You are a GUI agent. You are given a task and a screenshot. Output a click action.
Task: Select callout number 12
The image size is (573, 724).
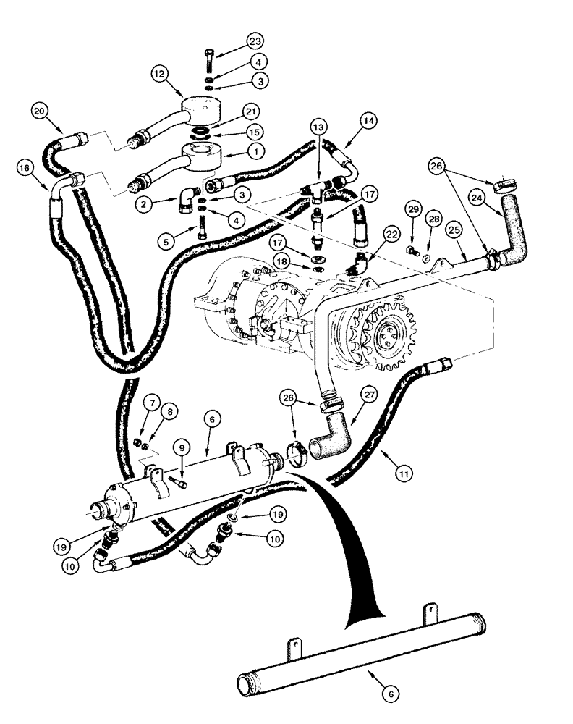pyautogui.click(x=160, y=72)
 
